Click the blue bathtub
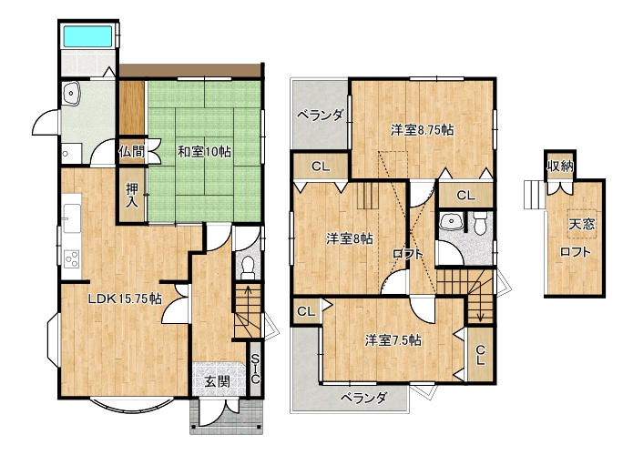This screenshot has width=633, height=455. tap(88, 36)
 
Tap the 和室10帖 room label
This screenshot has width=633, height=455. tap(204, 152)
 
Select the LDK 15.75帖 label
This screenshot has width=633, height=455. tap(125, 298)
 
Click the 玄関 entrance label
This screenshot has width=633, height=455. tap(217, 380)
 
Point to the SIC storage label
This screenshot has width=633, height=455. tap(255, 369)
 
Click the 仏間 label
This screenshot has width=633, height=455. tap(131, 152)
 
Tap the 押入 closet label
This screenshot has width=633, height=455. tap(131, 195)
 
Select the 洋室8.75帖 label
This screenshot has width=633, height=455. tap(422, 130)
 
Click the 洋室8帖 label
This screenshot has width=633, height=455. tap(349, 239)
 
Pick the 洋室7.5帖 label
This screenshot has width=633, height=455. tap(393, 340)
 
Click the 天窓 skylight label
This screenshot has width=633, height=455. tap(582, 224)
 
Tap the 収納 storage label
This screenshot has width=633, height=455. tap(560, 166)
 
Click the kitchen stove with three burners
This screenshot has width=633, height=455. tap(72, 258)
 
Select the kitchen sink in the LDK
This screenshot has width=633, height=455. tap(72, 218)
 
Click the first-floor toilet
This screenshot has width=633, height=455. tap(247, 268)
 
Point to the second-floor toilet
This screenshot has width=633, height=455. tap(480, 223)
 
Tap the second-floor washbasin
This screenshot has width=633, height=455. tap(450, 220)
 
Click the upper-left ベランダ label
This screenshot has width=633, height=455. tap(320, 116)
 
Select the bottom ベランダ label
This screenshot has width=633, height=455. tap(364, 399)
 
